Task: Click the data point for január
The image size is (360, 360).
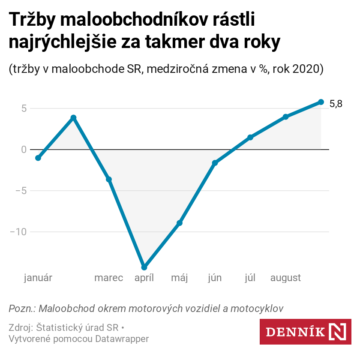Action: coord(38,158)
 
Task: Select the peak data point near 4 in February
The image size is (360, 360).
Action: coord(73,117)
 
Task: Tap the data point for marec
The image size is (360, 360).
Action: coord(109,180)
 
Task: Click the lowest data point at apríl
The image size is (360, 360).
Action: coord(144,267)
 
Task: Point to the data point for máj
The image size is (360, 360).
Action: coord(180,223)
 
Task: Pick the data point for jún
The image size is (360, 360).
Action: coord(215,163)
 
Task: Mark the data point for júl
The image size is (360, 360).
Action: coord(250,137)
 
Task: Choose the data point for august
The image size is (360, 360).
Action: coord(285,117)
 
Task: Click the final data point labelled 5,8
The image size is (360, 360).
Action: coord(321,102)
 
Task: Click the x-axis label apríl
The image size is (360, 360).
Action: coord(144,278)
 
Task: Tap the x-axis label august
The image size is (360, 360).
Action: coord(285,278)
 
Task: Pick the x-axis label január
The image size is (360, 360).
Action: coord(38,278)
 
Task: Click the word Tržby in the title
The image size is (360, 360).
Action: coord(32,21)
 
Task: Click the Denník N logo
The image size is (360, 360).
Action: coord(305,332)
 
